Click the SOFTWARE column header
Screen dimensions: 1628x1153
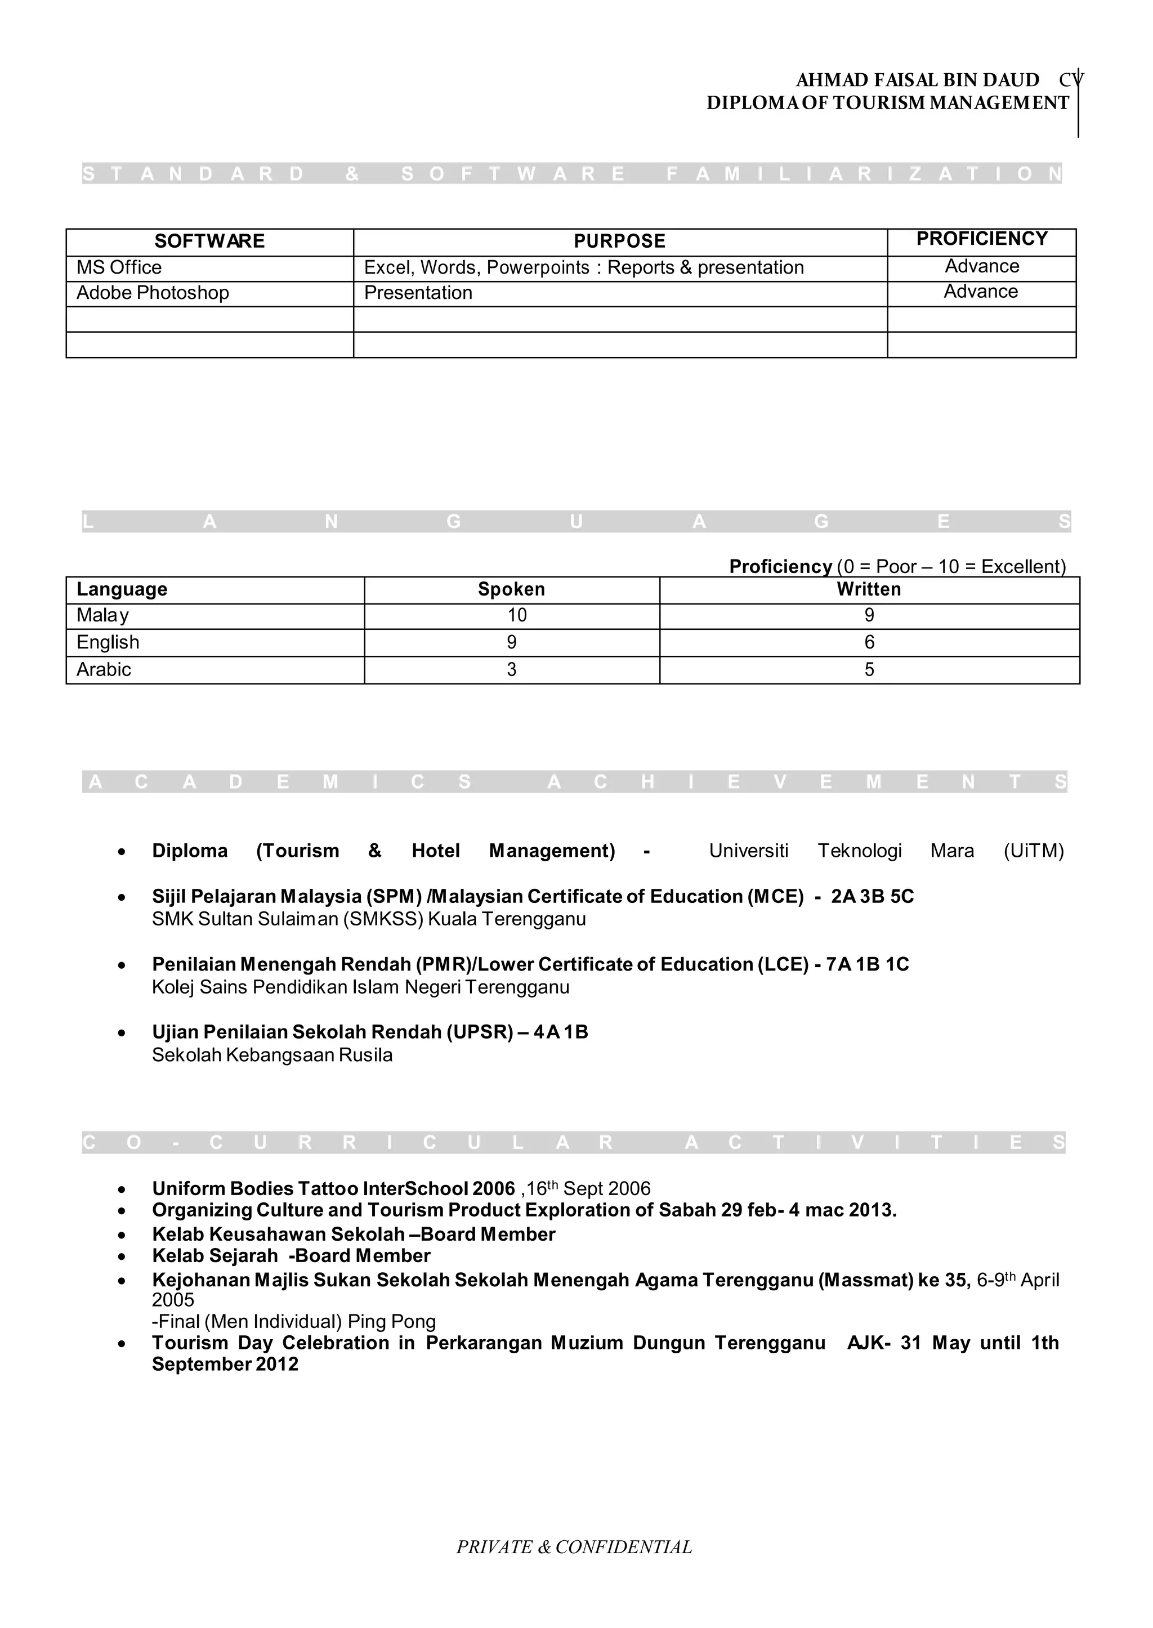click(209, 241)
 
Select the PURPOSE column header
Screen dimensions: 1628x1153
click(619, 241)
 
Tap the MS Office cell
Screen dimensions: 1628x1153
click(119, 267)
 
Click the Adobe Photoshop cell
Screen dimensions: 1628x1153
click(153, 293)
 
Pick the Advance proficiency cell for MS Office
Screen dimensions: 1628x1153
click(981, 267)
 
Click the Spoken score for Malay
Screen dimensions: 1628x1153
click(516, 615)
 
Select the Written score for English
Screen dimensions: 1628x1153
click(869, 642)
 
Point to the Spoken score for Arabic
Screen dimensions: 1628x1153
click(511, 669)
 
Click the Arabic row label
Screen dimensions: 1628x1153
click(104, 669)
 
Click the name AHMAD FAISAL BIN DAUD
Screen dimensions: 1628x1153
click(917, 80)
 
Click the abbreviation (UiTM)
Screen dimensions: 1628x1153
click(1033, 851)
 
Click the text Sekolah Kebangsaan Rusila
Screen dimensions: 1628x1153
click(272, 1055)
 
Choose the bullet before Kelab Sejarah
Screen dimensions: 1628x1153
click(122, 1256)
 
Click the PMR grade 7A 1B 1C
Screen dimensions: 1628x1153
click(867, 964)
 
